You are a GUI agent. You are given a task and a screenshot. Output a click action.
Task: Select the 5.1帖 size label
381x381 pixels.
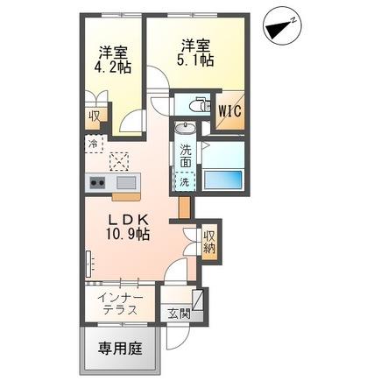194,60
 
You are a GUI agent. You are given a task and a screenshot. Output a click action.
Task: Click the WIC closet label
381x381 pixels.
230,110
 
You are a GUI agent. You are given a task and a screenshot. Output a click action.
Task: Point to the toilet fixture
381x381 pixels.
194,106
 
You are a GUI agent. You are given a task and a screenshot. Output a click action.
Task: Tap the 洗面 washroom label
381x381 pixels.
186,155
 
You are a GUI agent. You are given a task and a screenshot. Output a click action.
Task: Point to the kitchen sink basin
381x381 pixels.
125,182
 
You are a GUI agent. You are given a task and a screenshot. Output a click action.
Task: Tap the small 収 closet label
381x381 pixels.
92,115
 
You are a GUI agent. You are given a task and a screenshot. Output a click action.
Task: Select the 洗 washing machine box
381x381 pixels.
185,182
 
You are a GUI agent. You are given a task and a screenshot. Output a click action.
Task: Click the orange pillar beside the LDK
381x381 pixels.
183,208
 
